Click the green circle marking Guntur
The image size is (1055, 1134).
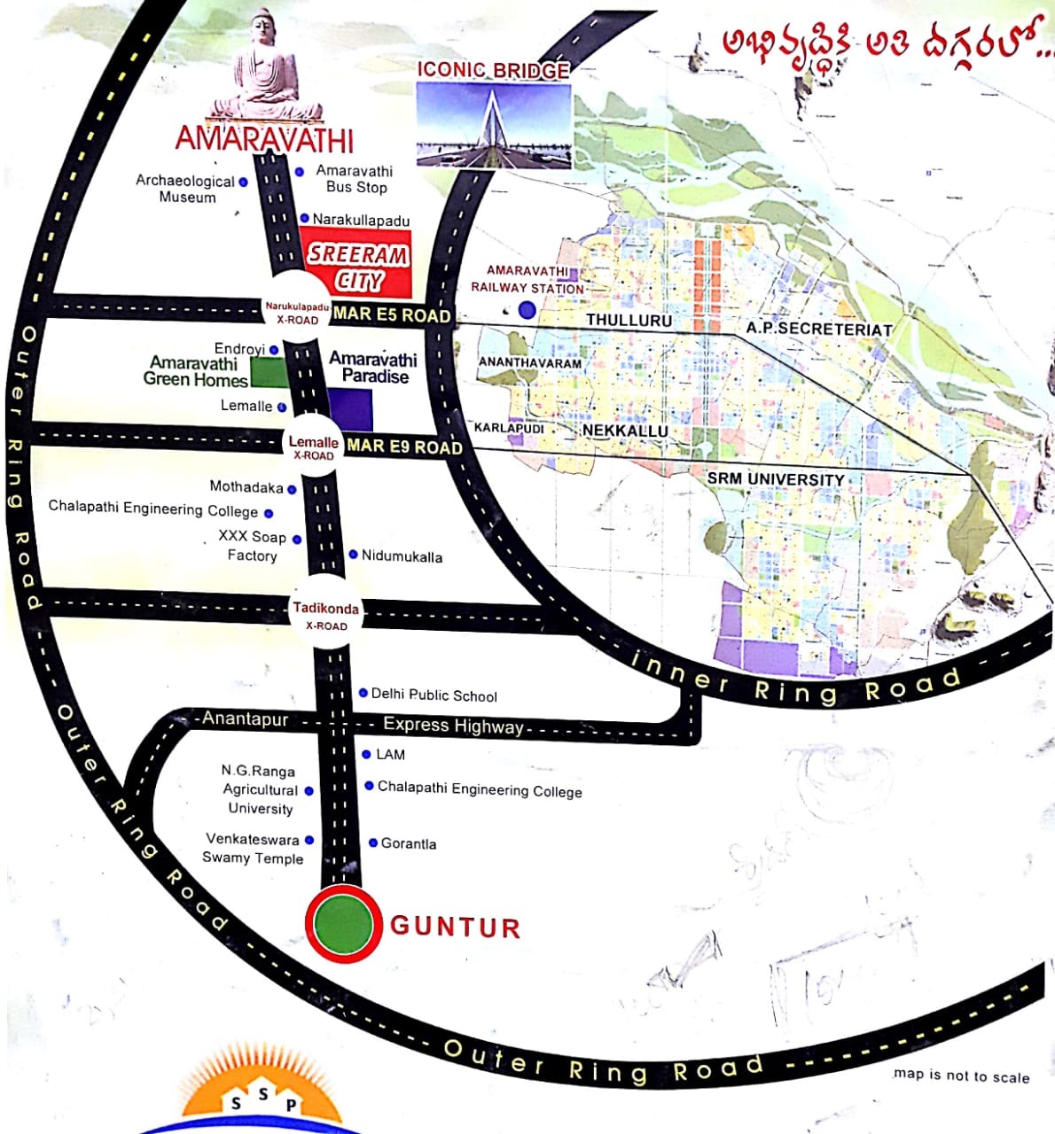(x=344, y=923)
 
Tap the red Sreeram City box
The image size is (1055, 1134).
(x=356, y=263)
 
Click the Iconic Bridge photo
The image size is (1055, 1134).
(x=494, y=123)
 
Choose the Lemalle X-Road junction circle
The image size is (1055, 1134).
(x=313, y=447)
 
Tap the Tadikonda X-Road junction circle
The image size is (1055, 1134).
(x=326, y=613)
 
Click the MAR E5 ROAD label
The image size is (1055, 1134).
(x=392, y=314)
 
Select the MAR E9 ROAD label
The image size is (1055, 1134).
(x=404, y=446)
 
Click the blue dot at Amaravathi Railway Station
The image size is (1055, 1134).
(x=527, y=309)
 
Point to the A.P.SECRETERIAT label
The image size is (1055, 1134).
(x=818, y=328)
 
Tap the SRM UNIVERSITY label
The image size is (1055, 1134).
(x=775, y=479)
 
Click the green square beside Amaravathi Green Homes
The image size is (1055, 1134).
(x=269, y=373)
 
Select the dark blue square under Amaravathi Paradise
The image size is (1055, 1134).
(x=350, y=409)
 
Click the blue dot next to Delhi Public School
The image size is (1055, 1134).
(x=363, y=693)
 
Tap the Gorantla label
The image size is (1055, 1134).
(x=408, y=843)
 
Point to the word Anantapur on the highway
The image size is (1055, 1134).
(x=245, y=718)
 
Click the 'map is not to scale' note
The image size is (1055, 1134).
(x=961, y=1076)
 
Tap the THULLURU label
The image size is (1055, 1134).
(x=629, y=320)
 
